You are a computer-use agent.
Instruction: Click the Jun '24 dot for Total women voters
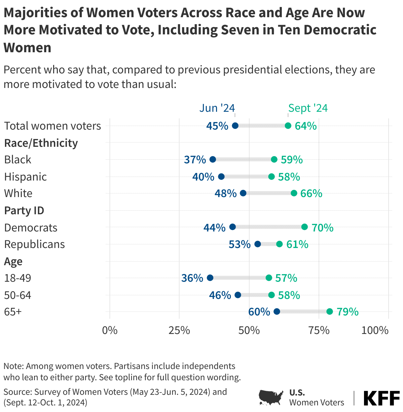click(235, 126)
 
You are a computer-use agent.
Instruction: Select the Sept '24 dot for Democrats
click(305, 227)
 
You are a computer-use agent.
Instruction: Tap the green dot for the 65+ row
click(330, 311)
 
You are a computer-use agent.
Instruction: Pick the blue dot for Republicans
click(258, 244)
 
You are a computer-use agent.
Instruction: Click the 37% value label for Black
click(195, 160)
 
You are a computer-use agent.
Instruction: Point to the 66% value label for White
click(311, 193)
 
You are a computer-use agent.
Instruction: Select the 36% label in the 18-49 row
click(192, 278)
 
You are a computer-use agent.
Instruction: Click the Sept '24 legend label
click(308, 108)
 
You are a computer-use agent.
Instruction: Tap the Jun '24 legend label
click(217, 108)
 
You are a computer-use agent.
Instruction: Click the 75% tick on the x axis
click(319, 330)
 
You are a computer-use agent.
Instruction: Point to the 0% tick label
click(110, 330)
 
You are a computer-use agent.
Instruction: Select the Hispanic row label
click(25, 177)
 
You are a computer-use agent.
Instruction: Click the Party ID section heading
click(24, 210)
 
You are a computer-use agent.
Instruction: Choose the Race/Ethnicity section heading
click(41, 143)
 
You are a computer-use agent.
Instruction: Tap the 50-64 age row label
click(18, 295)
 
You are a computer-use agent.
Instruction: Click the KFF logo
click(382, 398)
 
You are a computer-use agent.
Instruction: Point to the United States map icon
click(271, 397)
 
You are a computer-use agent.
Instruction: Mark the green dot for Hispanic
click(272, 177)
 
